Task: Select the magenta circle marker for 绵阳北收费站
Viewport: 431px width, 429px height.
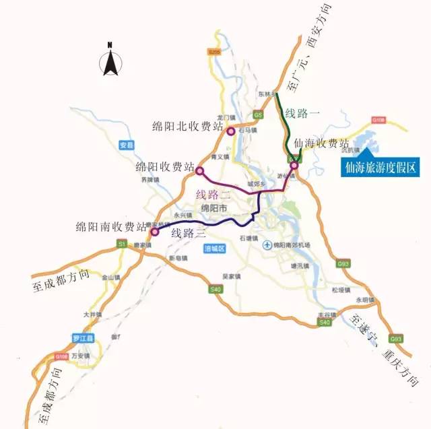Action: [x=231, y=131]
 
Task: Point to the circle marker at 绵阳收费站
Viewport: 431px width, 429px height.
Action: [x=199, y=172]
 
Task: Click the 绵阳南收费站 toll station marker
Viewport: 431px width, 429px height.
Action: [x=154, y=232]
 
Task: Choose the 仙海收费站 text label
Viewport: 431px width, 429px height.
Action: [x=322, y=144]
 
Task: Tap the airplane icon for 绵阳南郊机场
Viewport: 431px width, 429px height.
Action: [x=267, y=245]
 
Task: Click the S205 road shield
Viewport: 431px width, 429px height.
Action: [x=214, y=53]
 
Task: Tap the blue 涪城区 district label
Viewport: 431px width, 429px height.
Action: [x=213, y=249]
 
